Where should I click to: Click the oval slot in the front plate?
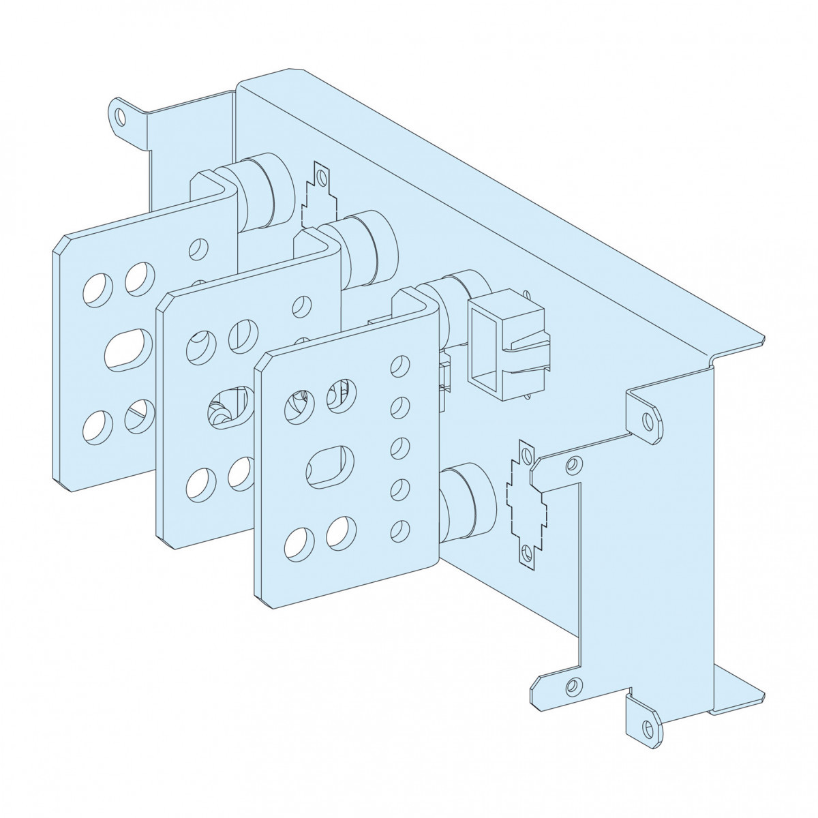point(331,466)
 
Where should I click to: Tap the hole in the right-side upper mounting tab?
point(648,420)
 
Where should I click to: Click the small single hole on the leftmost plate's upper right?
point(198,248)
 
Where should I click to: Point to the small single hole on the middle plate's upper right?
point(300,305)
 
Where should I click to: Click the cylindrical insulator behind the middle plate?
point(368,245)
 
